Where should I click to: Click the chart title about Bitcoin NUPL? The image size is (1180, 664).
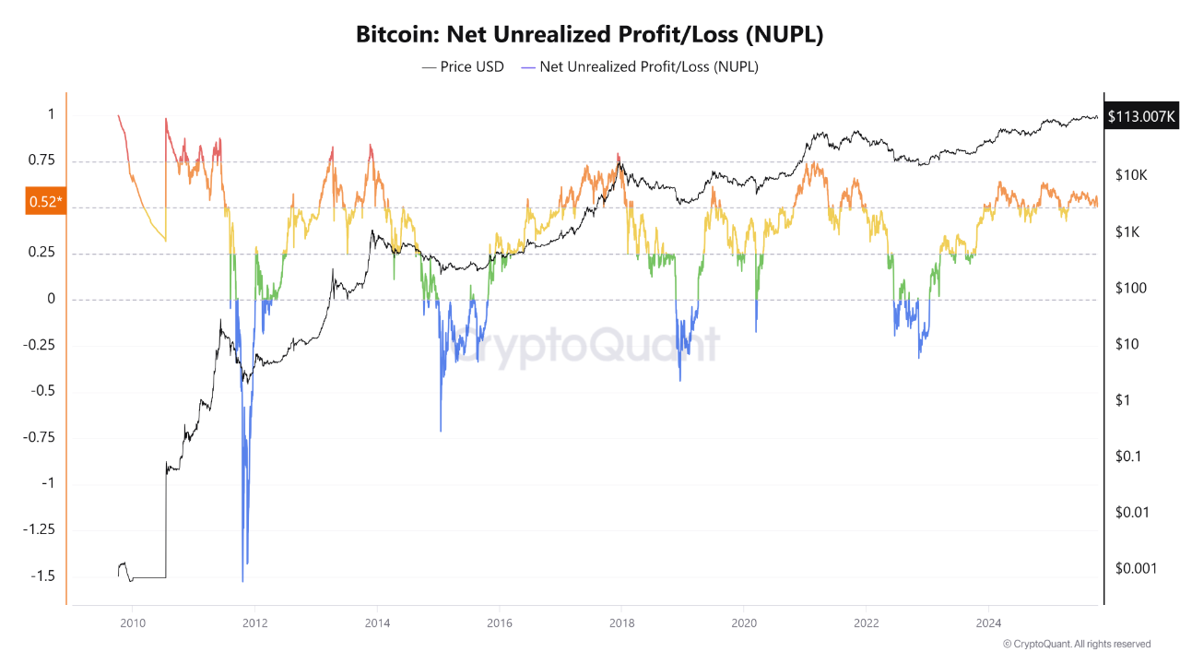pos(589,35)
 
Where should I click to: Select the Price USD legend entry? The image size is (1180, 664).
pos(463,66)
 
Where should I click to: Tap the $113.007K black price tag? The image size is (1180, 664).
pos(1142,116)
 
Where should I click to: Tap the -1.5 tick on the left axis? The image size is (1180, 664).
pos(42,575)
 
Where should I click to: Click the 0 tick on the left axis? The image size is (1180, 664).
pos(52,299)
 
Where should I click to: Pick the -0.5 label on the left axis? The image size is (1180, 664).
pos(42,391)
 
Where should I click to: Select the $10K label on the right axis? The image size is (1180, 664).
pos(1130,175)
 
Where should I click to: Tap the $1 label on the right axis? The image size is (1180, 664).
pos(1122,400)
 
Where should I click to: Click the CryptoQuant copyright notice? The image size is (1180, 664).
pos(1076,644)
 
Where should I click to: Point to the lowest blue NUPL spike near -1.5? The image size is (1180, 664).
pos(242,579)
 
